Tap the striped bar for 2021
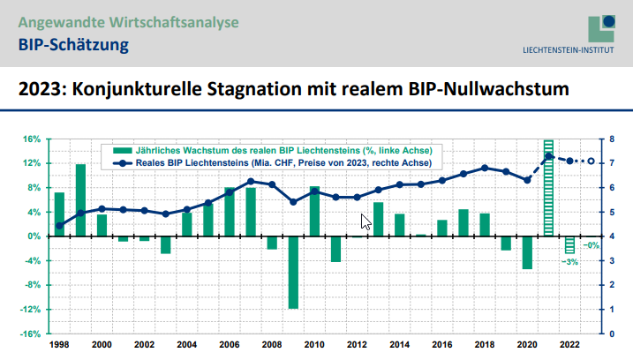click(x=548, y=188)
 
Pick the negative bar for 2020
click(x=527, y=252)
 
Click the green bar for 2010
click(x=314, y=212)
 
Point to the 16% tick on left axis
click(x=32, y=139)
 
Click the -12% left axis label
click(x=31, y=310)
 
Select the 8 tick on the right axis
click(x=601, y=139)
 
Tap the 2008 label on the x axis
click(x=272, y=344)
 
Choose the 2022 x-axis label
click(x=569, y=344)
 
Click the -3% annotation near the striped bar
click(x=569, y=262)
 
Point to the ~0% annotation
click(x=592, y=245)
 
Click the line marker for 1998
click(x=59, y=226)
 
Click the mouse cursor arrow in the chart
click(x=365, y=221)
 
